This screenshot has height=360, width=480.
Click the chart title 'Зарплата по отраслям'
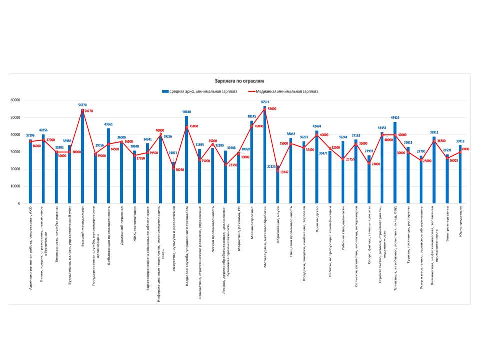(239, 80)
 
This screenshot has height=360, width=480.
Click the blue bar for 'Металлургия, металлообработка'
(265, 155)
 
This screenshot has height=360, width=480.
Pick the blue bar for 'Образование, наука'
(278, 184)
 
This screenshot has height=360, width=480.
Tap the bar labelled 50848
(187, 160)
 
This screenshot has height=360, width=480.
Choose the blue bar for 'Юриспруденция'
(460, 174)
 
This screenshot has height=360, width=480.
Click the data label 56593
(265, 102)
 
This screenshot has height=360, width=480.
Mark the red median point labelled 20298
(174, 169)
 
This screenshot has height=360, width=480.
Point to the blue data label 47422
(395, 118)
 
